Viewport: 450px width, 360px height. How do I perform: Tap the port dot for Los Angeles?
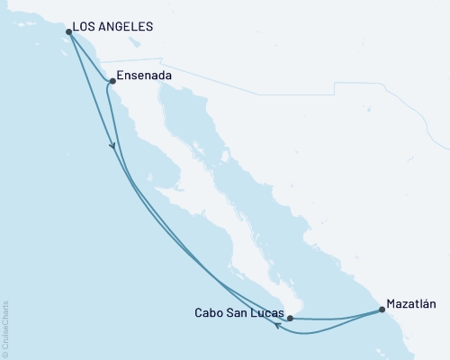pyautogui.click(x=69, y=32)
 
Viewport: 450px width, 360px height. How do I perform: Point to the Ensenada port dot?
pyautogui.click(x=112, y=82)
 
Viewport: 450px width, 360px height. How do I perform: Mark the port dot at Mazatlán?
pyautogui.click(x=382, y=310)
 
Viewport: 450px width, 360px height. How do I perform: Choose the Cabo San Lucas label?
pyautogui.click(x=239, y=314)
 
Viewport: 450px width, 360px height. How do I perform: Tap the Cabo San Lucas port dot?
pyautogui.click(x=290, y=318)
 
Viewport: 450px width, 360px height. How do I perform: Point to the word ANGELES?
pyautogui.click(x=127, y=27)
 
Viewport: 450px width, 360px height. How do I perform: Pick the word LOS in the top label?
pyautogui.click(x=87, y=27)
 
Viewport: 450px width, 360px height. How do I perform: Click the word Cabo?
pyautogui.click(x=209, y=314)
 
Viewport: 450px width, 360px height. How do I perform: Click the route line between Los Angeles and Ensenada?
pyautogui.click(x=90, y=57)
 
